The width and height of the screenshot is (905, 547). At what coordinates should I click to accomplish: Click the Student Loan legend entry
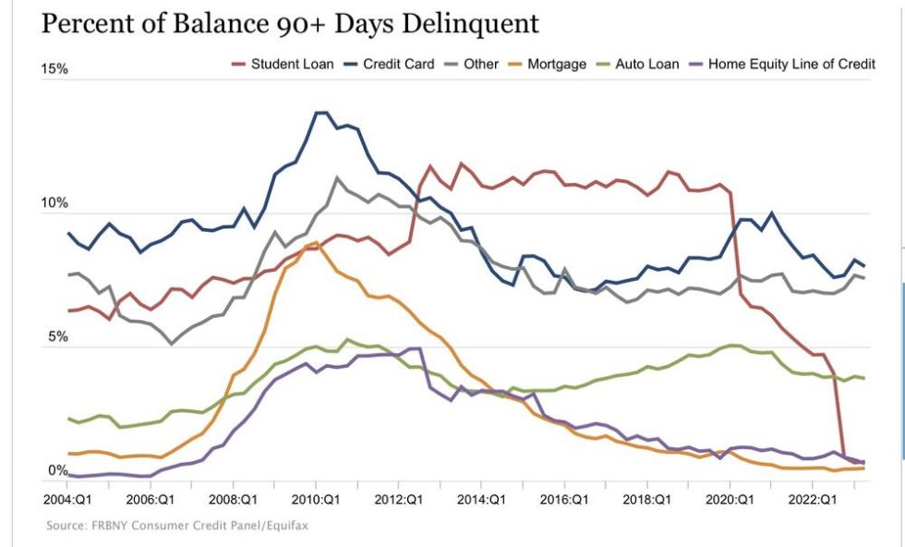tap(292, 65)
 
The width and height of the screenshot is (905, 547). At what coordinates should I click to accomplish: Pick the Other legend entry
tap(480, 65)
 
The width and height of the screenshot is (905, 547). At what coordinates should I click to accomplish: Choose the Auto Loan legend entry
tap(645, 65)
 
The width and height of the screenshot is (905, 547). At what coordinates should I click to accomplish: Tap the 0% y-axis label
tap(58, 470)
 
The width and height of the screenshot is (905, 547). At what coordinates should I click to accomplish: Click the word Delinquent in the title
tap(470, 23)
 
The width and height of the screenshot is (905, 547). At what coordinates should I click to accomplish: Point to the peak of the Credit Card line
tap(320, 113)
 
